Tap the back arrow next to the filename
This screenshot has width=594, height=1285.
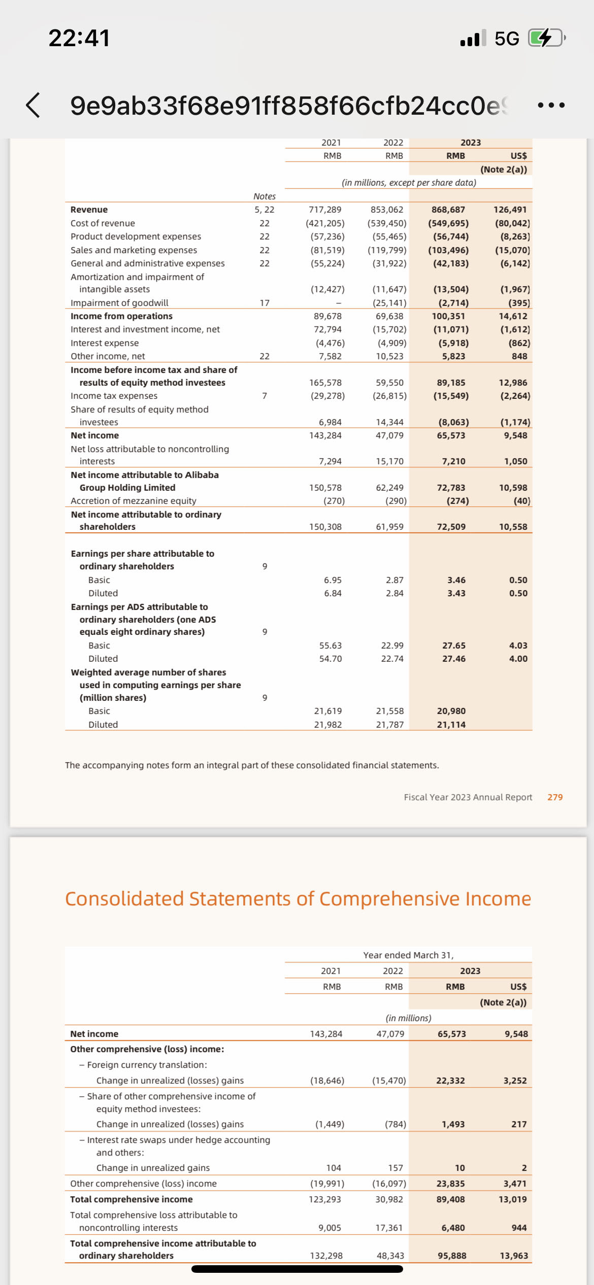(33, 105)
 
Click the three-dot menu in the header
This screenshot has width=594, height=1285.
(551, 106)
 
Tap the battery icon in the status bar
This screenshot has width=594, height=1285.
(546, 38)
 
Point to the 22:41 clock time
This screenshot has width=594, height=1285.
(79, 38)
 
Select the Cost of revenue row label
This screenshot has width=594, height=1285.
(103, 223)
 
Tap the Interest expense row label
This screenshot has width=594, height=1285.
(105, 343)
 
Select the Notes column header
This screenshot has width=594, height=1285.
(264, 196)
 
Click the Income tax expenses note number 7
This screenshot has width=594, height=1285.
(265, 396)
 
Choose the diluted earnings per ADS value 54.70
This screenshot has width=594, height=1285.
(330, 659)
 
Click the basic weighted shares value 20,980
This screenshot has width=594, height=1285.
(451, 711)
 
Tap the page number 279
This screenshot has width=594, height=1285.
(555, 797)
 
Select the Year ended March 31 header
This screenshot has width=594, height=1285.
(408, 955)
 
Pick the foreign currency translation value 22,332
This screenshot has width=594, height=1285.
(450, 1080)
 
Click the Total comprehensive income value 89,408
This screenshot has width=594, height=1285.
(450, 1199)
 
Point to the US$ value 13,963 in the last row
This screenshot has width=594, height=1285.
(513, 1256)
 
